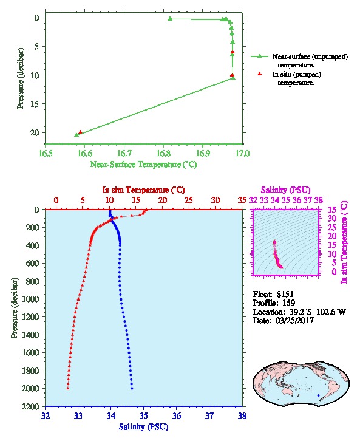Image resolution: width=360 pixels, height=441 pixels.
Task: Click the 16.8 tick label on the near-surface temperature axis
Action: (163, 153)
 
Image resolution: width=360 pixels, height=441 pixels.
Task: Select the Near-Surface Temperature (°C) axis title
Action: (143, 165)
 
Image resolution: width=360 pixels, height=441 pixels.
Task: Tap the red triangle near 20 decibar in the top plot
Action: (80, 132)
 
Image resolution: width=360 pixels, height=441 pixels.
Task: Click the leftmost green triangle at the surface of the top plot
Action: (170, 19)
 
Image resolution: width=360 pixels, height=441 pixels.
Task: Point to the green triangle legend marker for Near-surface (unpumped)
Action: (259, 56)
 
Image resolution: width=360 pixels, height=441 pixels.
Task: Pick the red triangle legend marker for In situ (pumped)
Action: (260, 73)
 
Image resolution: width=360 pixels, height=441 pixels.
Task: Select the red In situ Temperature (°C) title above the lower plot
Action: (143, 190)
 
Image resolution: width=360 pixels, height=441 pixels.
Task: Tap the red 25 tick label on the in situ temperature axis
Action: (189, 200)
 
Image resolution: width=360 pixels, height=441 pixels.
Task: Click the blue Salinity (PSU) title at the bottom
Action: (144, 427)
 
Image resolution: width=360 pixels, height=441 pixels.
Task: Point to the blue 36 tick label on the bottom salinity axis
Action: (177, 415)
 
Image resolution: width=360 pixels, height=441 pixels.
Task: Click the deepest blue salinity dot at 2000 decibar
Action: (132, 388)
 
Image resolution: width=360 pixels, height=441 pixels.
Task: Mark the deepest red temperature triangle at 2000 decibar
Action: (68, 388)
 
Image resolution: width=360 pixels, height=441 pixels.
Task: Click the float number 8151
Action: (285, 295)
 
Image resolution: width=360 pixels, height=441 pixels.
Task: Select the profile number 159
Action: (288, 303)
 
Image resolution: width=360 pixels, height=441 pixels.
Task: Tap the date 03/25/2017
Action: (294, 320)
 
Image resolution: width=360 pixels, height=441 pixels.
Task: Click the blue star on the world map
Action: (318, 395)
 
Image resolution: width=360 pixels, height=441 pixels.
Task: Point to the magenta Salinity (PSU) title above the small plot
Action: (285, 190)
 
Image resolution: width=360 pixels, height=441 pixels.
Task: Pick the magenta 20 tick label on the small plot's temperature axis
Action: (332, 236)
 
